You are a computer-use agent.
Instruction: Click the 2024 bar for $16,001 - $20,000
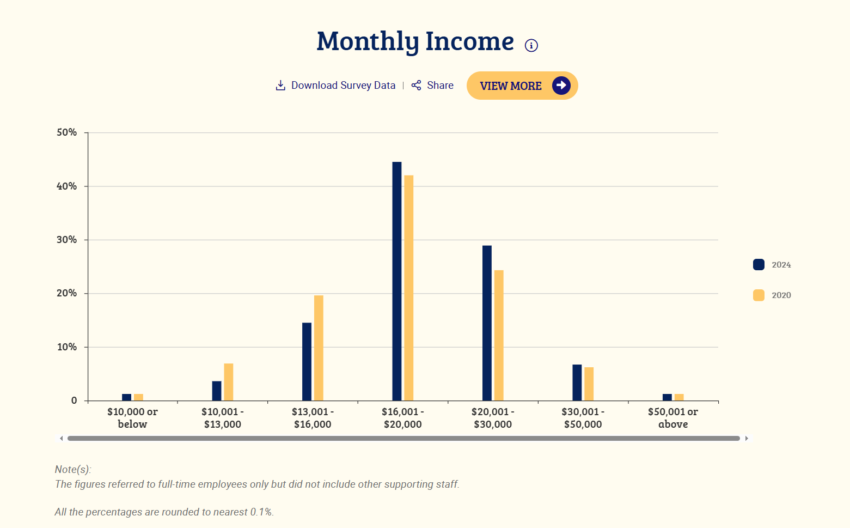pyautogui.click(x=397, y=281)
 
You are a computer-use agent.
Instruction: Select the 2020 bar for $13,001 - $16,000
pyautogui.click(x=319, y=348)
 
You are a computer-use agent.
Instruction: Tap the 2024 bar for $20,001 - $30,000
pyautogui.click(x=487, y=323)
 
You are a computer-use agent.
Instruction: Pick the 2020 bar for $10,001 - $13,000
pyautogui.click(x=229, y=382)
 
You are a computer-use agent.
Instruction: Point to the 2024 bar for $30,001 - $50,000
pyautogui.click(x=577, y=383)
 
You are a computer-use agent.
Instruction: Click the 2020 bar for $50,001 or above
pyautogui.click(x=679, y=397)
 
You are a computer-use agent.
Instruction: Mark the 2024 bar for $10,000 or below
pyautogui.click(x=127, y=397)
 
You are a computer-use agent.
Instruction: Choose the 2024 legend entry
pyautogui.click(x=772, y=265)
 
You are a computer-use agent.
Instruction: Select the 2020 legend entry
pyautogui.click(x=772, y=295)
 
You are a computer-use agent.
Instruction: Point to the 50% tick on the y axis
pyautogui.click(x=67, y=132)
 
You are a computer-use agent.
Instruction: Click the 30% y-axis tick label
pyautogui.click(x=67, y=240)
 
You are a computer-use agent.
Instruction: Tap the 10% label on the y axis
pyautogui.click(x=67, y=347)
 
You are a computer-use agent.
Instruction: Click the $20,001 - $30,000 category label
pyautogui.click(x=493, y=418)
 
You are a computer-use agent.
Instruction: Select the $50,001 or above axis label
pyautogui.click(x=673, y=418)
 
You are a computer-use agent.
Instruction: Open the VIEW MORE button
pyautogui.click(x=522, y=86)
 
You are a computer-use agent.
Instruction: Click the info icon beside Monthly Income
pyautogui.click(x=531, y=45)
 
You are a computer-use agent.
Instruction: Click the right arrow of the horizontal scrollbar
pyautogui.click(x=747, y=438)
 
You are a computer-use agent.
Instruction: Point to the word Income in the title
pyautogui.click(x=469, y=41)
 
